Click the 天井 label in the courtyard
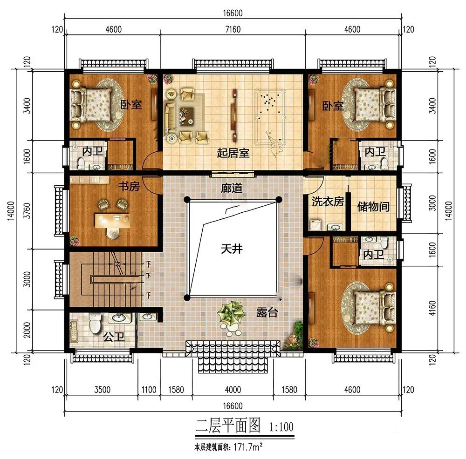[x=232, y=249]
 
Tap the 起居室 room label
[x=233, y=153]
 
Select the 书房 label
[x=129, y=187]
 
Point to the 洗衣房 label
[x=328, y=202]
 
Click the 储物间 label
[x=373, y=206]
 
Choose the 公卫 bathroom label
[x=114, y=337]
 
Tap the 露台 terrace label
[x=267, y=312]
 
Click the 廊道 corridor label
[x=232, y=188]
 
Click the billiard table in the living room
[x=270, y=118]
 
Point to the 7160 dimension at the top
[x=233, y=29]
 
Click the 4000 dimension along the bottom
[x=233, y=390]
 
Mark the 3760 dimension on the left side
[x=27, y=210]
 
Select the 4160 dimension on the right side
[x=432, y=309]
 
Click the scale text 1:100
[x=281, y=427]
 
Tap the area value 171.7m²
[x=248, y=446]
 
